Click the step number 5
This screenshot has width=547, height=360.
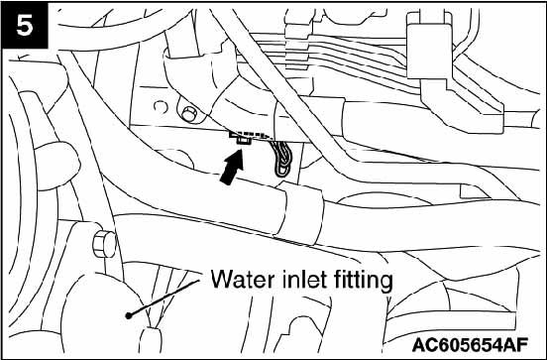pyautogui.click(x=25, y=25)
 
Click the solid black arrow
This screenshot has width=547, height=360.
pyautogui.click(x=232, y=166)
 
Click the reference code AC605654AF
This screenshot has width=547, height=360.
pyautogui.click(x=470, y=345)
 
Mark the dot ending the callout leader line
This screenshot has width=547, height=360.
pyautogui.click(x=129, y=315)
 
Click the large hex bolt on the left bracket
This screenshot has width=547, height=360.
pyautogui.click(x=104, y=244)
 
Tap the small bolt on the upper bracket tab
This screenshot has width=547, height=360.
pyautogui.click(x=189, y=114)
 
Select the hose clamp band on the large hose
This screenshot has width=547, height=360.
pyautogui.click(x=300, y=212)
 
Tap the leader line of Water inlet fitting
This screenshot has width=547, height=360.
pyautogui.click(x=164, y=298)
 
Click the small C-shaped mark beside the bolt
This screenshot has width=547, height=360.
pyautogui.click(x=161, y=107)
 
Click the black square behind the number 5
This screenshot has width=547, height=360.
pyautogui.click(x=25, y=25)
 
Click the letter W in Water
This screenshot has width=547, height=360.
pyautogui.click(x=222, y=280)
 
